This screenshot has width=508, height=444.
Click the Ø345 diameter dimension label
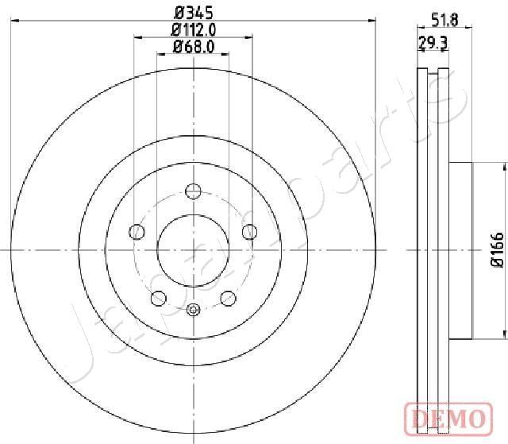(194, 14)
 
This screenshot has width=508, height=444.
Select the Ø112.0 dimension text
(194, 30)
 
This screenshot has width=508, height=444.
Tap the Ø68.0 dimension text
(194, 47)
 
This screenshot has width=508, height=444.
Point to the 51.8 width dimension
(444, 21)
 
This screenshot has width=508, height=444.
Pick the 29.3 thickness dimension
(433, 43)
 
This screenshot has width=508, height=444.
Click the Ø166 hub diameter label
(498, 250)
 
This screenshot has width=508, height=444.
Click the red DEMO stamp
(448, 419)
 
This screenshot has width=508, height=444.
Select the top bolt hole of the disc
(194, 191)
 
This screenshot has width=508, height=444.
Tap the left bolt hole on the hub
(137, 232)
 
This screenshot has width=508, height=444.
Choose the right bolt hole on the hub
(250, 232)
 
